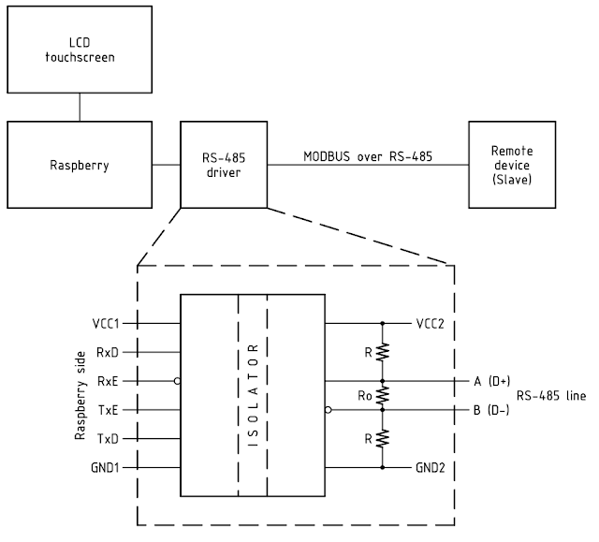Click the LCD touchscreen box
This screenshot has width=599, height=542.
tap(80, 49)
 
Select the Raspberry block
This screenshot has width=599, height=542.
tap(80, 165)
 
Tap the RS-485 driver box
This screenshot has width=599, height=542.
tap(224, 165)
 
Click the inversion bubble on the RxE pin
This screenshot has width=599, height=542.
tap(176, 381)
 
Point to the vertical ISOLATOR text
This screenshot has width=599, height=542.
tap(253, 394)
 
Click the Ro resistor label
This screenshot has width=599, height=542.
tap(366, 395)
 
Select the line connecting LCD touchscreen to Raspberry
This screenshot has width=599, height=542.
tap(80, 107)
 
